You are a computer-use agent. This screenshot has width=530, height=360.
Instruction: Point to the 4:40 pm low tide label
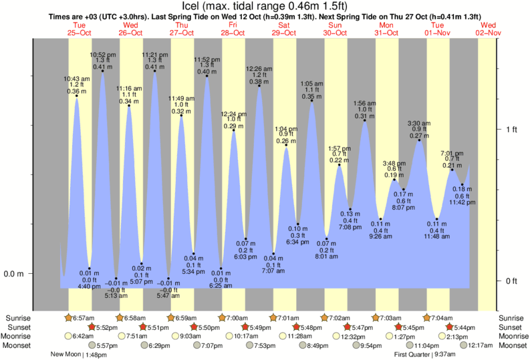coord(89,279)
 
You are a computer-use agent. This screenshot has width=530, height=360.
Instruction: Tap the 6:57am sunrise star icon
coord(68,317)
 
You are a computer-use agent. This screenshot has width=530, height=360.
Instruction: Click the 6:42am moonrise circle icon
coord(68,336)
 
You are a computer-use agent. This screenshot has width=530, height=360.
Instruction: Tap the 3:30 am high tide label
coord(419,128)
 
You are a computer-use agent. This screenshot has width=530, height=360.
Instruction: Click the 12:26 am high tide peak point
coord(259,85)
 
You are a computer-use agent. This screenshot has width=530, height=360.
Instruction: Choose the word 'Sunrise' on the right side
coord(511,317)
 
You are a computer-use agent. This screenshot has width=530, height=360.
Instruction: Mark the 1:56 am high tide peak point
coord(364,120)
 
